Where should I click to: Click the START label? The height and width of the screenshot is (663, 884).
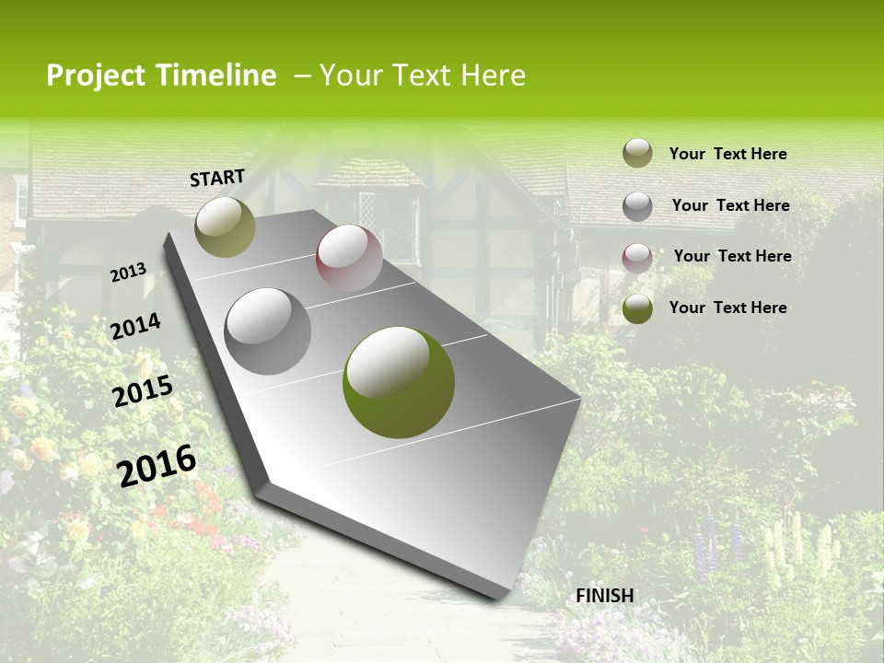[x=217, y=178]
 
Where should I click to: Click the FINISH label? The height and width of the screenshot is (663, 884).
[x=605, y=596]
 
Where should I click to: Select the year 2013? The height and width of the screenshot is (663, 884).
[x=129, y=273]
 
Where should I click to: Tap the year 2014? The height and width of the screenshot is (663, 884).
[x=136, y=327]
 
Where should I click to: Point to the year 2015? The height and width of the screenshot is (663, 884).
[x=143, y=391]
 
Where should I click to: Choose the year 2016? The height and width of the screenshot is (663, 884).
[x=157, y=466]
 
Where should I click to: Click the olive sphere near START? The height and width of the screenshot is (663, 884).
[x=225, y=227]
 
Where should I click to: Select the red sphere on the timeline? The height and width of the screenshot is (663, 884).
[x=349, y=258]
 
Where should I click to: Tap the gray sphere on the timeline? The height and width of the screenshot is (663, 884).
[x=268, y=331]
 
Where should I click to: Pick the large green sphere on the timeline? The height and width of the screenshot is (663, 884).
[x=399, y=382]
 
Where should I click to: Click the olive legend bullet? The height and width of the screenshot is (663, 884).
[x=637, y=154]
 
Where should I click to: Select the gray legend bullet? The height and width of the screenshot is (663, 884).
[x=637, y=205]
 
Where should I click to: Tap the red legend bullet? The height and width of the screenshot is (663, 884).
[x=637, y=257]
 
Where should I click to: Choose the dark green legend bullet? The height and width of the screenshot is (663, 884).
[x=637, y=308]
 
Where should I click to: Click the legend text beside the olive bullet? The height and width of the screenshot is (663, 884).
[x=727, y=154]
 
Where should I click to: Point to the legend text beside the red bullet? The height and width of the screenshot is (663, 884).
[x=732, y=256]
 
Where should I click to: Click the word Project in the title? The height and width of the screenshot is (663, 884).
[x=97, y=76]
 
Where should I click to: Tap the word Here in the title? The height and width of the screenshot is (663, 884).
[x=493, y=76]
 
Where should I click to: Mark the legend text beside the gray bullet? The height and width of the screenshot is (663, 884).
[x=730, y=205]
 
